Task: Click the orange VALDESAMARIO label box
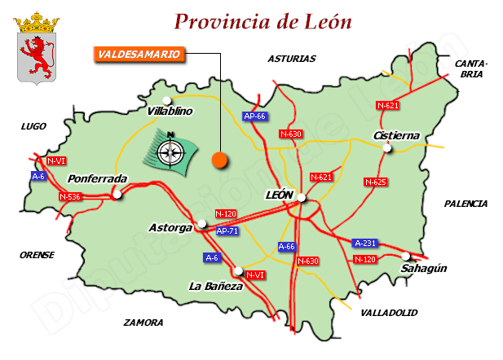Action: coord(135,55)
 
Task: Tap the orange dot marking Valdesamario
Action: coord(218,160)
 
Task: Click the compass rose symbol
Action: coord(171,150)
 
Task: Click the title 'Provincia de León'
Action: coord(263,21)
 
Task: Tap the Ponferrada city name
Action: coord(97,178)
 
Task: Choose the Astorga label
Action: coord(171,227)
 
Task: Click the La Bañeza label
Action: coord(215,286)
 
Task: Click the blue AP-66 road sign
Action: coord(255,116)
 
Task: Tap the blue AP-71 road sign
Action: coord(227,231)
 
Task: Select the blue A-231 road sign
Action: coord(365,243)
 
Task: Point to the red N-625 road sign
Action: coord(375,182)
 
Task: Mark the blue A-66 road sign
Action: coord(287,246)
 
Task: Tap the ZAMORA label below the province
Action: coord(143,323)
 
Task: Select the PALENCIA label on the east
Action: coord(465,204)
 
